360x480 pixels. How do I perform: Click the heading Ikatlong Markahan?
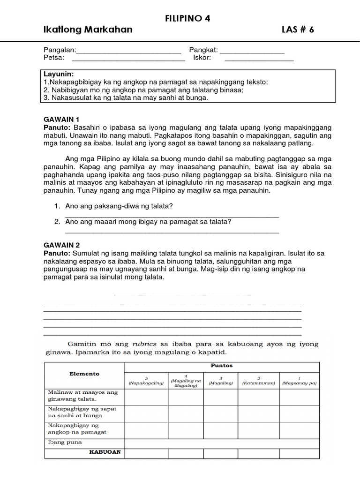tap(88, 30)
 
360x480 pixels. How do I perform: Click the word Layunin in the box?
tap(59, 74)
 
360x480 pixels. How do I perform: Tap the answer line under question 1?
tap(172, 216)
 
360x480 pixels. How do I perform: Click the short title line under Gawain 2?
tap(183, 295)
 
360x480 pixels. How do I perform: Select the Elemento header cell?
tap(84, 374)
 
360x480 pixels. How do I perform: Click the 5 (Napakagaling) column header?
tap(146, 380)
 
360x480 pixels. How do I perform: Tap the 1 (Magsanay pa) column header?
tap(300, 380)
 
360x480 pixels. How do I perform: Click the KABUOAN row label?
tap(106, 452)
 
